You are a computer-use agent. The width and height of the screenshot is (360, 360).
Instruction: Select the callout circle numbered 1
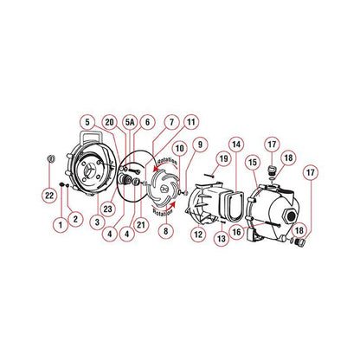60,223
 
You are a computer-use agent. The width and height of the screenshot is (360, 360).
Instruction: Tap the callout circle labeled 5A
130,124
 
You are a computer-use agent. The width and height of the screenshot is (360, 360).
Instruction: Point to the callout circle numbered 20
109,123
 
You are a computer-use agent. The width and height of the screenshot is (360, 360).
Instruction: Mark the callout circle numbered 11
190,122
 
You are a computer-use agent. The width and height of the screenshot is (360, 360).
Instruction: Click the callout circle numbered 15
254,163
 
